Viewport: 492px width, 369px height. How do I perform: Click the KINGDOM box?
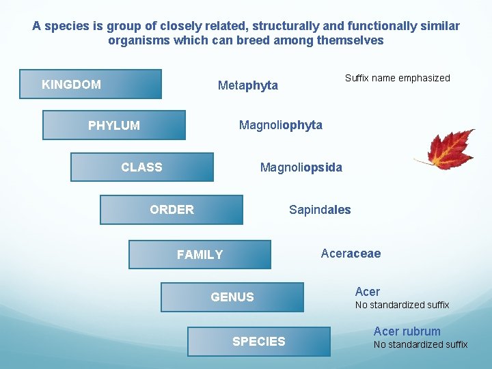[x=91, y=84]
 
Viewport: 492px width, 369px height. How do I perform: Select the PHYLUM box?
[x=114, y=125]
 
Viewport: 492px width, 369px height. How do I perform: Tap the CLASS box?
[x=142, y=167]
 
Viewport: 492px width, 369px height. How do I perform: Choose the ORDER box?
[x=172, y=210]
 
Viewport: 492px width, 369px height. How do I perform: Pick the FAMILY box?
[x=200, y=254]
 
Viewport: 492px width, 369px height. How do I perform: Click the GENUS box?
[x=232, y=297]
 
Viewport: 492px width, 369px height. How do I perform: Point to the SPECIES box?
[x=259, y=341]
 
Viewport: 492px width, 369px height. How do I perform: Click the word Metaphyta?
[x=247, y=85]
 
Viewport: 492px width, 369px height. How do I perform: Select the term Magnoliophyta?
[x=280, y=125]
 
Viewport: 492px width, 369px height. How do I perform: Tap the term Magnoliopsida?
[x=301, y=167]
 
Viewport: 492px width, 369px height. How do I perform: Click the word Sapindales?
[x=320, y=210]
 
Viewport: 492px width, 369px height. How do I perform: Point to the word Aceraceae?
[x=351, y=254]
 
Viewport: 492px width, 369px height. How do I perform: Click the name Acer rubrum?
[x=407, y=331]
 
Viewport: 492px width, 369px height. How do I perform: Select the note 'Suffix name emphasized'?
[x=397, y=78]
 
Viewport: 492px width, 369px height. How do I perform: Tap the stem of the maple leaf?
[x=422, y=163]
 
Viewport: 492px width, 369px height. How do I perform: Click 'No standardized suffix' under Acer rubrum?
[x=420, y=344]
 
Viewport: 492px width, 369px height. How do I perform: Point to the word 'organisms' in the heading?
[x=138, y=40]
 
